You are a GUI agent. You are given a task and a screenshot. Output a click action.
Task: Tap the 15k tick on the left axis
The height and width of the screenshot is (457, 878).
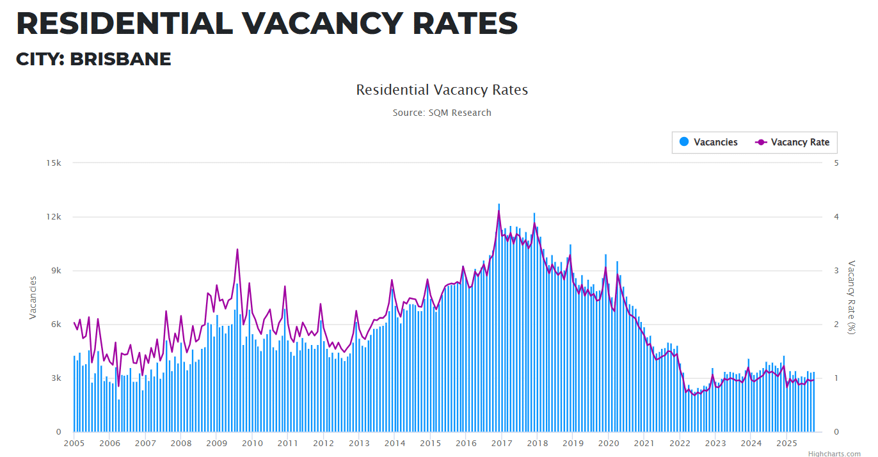(53, 163)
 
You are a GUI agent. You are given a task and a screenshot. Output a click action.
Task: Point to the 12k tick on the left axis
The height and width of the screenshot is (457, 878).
(53, 216)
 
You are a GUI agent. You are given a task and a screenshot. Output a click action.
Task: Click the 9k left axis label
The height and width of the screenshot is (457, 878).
(55, 270)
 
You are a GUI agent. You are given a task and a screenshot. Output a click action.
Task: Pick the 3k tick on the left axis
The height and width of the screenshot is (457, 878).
(55, 378)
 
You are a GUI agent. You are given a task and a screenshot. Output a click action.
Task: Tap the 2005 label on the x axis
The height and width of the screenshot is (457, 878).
(74, 443)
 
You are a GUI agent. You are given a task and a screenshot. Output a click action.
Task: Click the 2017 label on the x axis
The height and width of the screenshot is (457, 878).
(501, 443)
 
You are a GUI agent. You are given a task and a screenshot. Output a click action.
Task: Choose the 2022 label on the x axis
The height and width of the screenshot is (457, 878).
(680, 443)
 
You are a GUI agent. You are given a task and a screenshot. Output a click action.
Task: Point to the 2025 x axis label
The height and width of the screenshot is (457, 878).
(786, 443)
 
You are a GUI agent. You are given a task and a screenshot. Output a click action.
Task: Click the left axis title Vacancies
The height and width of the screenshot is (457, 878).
(33, 298)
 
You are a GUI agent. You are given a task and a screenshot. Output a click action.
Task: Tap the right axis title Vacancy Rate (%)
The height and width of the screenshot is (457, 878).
(851, 297)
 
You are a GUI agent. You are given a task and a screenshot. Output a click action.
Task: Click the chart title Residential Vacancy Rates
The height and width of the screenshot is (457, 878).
(442, 90)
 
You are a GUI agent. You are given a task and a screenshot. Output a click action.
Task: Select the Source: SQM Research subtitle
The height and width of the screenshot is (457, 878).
(442, 113)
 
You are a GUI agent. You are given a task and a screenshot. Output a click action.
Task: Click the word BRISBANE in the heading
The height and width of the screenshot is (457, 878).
(120, 59)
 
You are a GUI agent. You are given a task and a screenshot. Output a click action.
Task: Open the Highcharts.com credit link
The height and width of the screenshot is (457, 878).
(834, 453)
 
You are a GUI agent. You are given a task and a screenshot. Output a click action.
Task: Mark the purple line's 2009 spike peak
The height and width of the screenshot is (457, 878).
(237, 250)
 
